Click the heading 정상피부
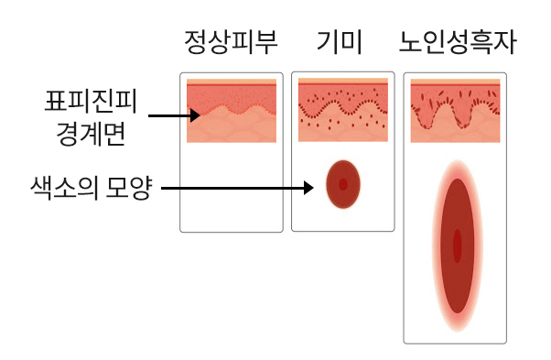(230, 42)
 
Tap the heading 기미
(340, 42)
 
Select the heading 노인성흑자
(458, 42)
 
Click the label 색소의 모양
(90, 190)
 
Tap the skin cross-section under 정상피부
(231, 111)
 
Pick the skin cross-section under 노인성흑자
(455, 111)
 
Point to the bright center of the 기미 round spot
(343, 183)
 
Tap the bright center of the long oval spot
(457, 245)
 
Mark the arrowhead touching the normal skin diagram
(195, 116)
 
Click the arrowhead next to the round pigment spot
(308, 190)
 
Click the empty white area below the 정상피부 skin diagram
(231, 188)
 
